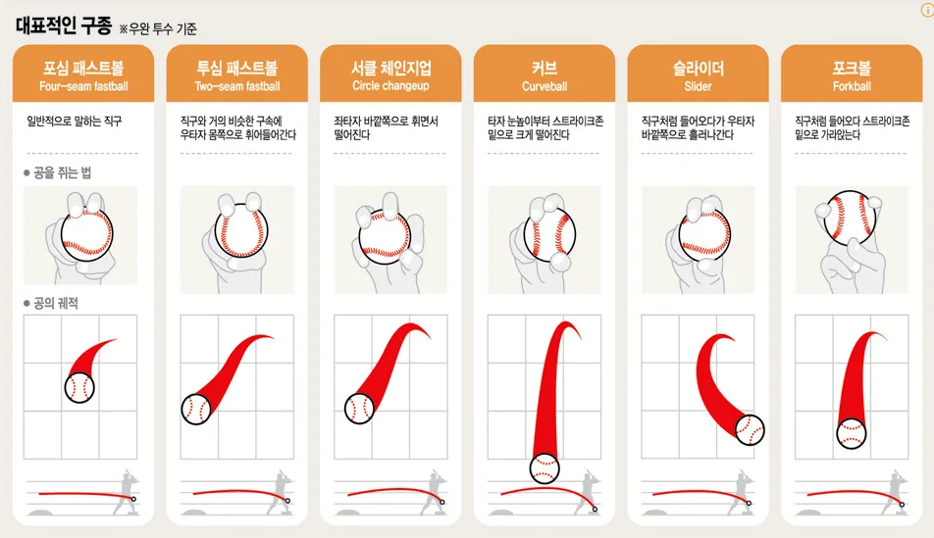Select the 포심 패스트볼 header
[x=84, y=68]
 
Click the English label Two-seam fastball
[x=237, y=86]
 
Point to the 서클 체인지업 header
[x=390, y=68]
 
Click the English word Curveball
[x=545, y=86]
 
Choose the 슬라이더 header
[x=698, y=68]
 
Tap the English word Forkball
[x=851, y=86]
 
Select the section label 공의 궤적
[x=55, y=303]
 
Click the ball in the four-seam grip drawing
[x=87, y=236]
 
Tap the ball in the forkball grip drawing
[x=850, y=218]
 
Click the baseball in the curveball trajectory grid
[x=545, y=467]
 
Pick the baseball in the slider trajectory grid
[x=750, y=428]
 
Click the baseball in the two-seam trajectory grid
[x=196, y=409]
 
